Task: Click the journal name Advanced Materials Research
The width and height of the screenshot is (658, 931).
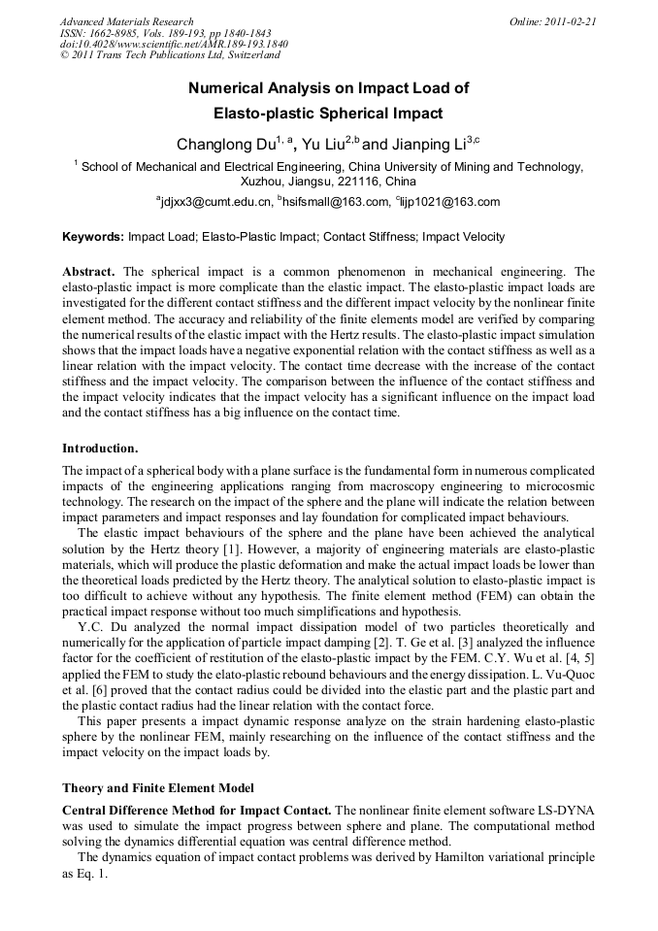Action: click(126, 21)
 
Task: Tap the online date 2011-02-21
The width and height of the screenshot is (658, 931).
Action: click(573, 21)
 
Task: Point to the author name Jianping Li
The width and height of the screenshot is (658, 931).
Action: click(427, 145)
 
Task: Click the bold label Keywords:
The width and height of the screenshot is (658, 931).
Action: click(93, 237)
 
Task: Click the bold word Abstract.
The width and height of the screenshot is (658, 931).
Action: click(88, 272)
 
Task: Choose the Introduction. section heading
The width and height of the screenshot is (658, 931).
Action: click(100, 449)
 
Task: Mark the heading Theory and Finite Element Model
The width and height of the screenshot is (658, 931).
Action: click(157, 788)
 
